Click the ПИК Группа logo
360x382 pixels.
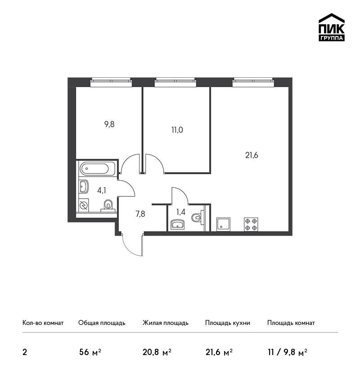coord(332,27)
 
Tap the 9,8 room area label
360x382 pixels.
coord(109,124)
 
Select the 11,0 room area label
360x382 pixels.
coord(177,130)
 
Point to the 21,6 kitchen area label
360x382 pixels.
coord(252,155)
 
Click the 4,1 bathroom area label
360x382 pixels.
coord(101,190)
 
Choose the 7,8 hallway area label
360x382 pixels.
coord(140,214)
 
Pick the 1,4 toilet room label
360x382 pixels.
coord(181,212)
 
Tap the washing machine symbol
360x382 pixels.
coord(84,205)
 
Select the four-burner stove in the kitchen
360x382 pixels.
coord(251,224)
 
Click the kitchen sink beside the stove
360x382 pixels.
coord(223,224)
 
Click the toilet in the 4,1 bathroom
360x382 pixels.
coord(108,206)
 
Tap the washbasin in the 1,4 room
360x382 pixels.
coord(177,224)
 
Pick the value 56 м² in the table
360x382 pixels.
coord(90,352)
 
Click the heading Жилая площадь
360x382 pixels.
coord(165,323)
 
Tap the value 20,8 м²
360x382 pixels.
coord(157,352)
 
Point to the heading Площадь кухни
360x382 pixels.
coord(228,323)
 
